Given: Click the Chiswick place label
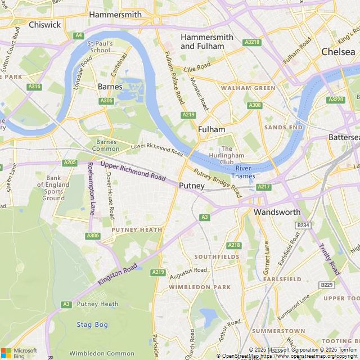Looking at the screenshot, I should (x=44, y=25).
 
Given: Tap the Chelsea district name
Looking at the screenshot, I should (x=338, y=52).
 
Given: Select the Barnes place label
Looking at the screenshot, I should (x=110, y=87).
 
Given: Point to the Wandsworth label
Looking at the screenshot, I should (x=277, y=212).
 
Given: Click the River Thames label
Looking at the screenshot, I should (x=244, y=172).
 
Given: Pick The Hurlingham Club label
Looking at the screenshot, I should (x=227, y=155).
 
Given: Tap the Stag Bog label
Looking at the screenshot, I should (x=92, y=325).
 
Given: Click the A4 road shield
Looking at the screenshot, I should (x=78, y=35).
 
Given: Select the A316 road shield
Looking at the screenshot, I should (x=34, y=87).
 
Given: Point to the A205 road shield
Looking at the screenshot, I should (x=70, y=163).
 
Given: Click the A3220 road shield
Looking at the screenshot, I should (x=335, y=100).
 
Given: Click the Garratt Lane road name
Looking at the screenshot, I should (x=266, y=257).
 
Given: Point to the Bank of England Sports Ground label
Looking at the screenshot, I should (x=53, y=188).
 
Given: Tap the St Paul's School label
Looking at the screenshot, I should (x=100, y=47).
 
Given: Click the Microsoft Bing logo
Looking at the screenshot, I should (x=19, y=353).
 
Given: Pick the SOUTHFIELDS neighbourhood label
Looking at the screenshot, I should (x=217, y=256).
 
